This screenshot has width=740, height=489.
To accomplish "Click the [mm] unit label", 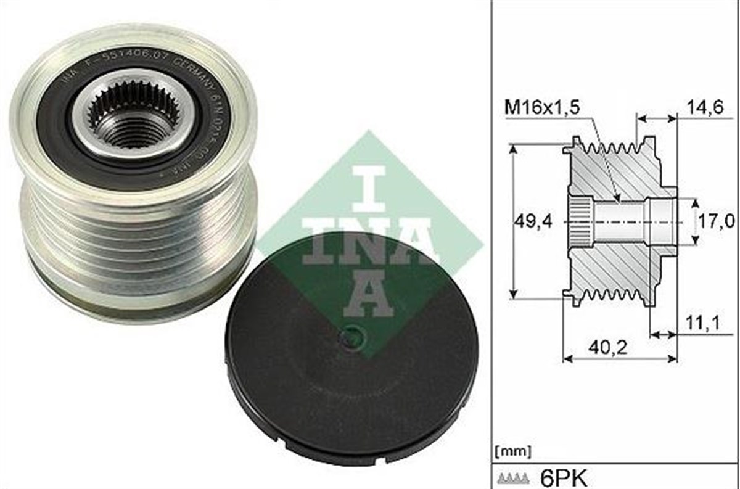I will coord(511,450).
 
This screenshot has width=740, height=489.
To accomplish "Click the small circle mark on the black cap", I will coord(353,337).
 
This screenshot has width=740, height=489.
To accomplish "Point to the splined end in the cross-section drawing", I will coord(578,221).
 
